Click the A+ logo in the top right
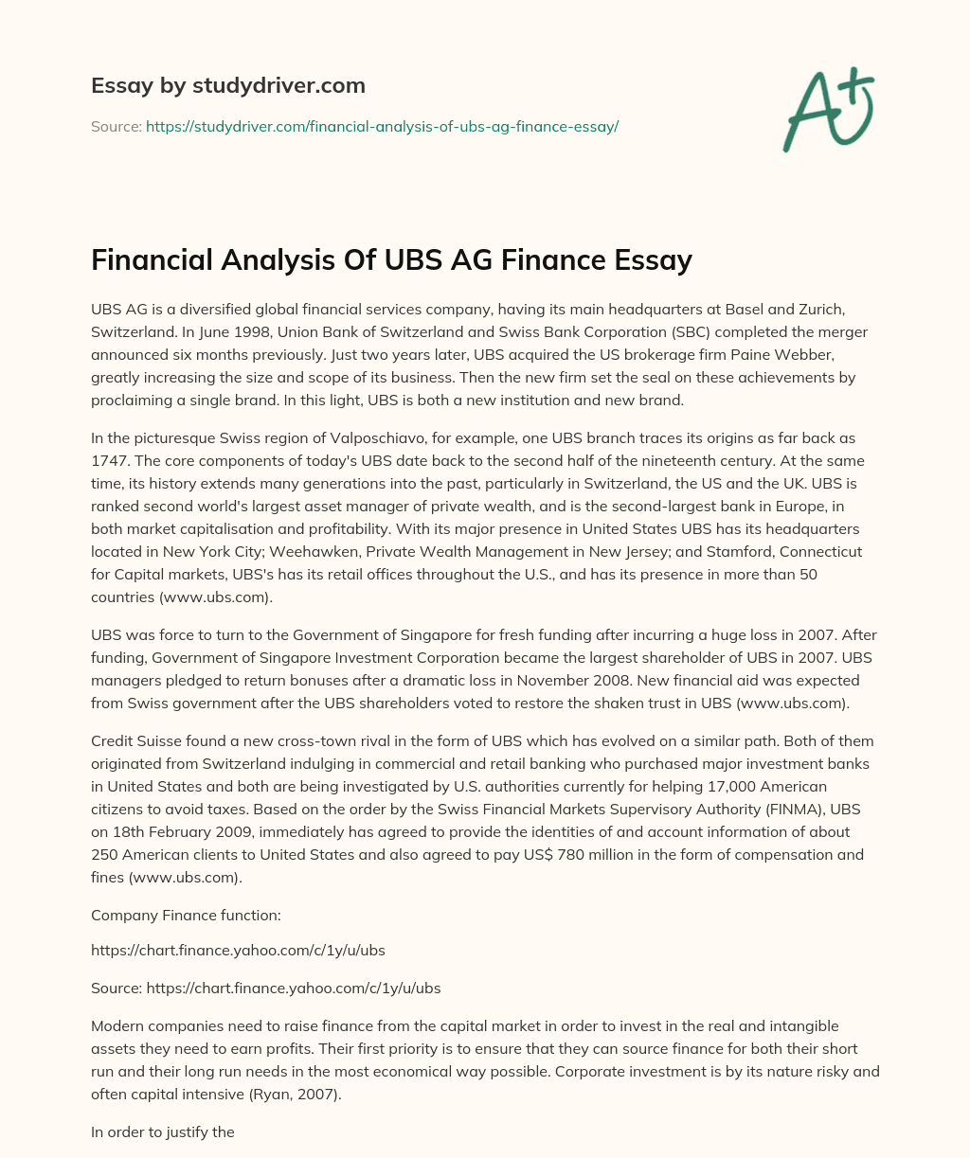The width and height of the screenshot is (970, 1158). pos(828,109)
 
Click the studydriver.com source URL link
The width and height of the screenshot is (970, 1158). pos(382,126)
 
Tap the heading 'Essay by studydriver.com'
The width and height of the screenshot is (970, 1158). pos(227,85)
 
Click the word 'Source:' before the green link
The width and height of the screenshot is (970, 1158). pos(116,126)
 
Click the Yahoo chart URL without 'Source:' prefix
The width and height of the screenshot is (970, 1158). pos(238,950)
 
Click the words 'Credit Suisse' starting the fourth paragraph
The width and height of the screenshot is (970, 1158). pos(136,740)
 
